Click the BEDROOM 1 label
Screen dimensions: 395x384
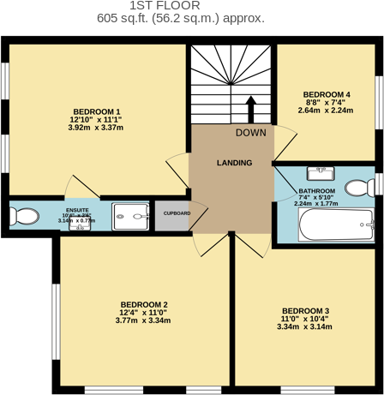[96, 111]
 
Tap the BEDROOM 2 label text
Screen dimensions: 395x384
[143, 304]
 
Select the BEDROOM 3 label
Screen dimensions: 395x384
[305, 310]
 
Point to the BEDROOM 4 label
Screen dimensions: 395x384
[326, 93]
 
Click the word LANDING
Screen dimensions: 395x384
[234, 163]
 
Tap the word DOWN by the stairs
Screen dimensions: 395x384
[250, 133]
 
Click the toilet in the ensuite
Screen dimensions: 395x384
[24, 214]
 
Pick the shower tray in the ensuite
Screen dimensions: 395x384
[130, 214]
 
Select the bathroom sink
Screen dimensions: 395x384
[320, 174]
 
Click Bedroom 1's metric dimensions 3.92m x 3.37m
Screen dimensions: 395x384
[96, 128]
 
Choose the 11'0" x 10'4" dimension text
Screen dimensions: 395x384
[305, 319]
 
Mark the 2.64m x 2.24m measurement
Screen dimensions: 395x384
[326, 111]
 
